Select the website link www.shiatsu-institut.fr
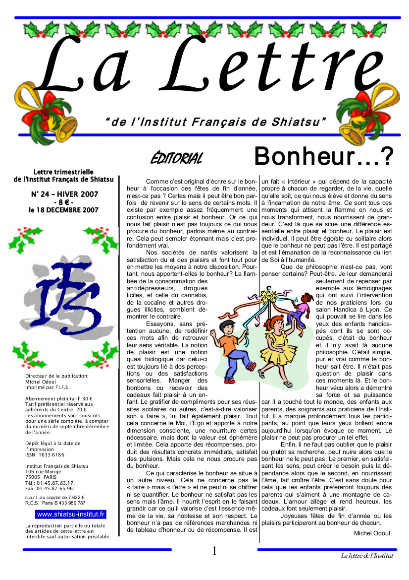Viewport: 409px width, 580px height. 71,515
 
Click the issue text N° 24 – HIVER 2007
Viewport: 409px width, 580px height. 64,194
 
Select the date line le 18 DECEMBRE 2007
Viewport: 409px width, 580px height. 64,210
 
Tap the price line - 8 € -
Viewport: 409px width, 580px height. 64,202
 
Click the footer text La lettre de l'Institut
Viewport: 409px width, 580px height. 367,555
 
